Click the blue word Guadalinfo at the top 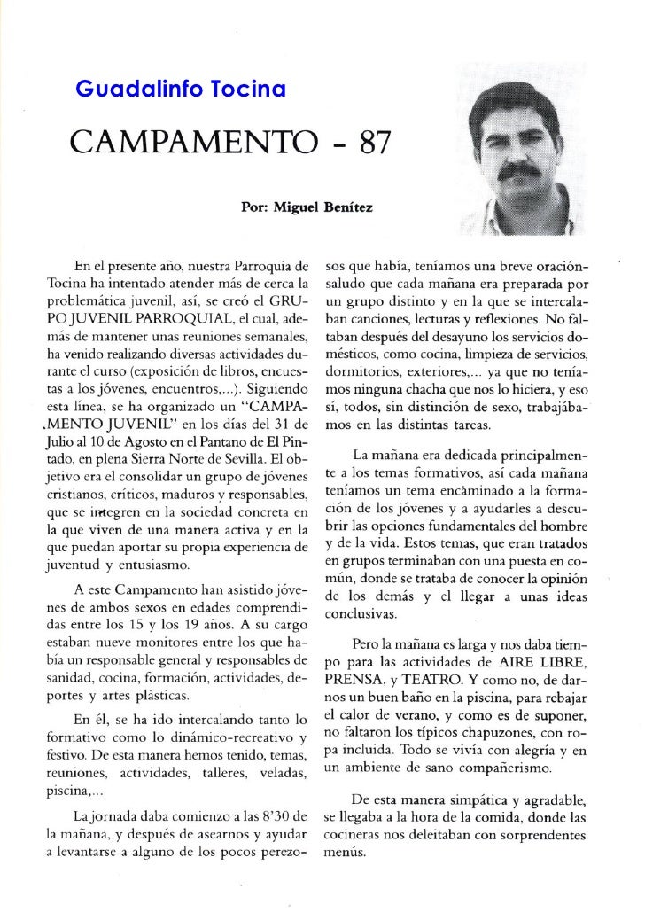120,90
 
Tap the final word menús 342,855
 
